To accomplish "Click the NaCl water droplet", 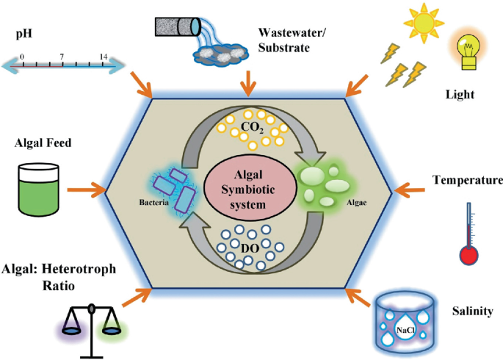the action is tap(405, 328).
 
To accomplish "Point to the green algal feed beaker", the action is tap(39, 190).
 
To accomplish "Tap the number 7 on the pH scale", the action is tap(62, 57).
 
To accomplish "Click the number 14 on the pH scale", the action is tap(104, 57).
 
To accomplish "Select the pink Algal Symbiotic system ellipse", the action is tap(248, 190).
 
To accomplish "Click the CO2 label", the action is tap(252, 127).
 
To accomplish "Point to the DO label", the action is tap(250, 248).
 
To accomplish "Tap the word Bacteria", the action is tap(153, 203).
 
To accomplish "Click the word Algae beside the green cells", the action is tap(356, 203).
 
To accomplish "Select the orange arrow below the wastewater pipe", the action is tap(247, 84).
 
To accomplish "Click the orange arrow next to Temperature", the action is tap(409, 190).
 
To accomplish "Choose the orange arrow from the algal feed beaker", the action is tap(87, 190).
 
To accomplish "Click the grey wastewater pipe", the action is tap(178, 26).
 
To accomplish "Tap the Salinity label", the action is tap(472, 311).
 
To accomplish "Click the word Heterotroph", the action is tap(79, 269).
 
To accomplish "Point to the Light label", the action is tap(460, 94).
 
